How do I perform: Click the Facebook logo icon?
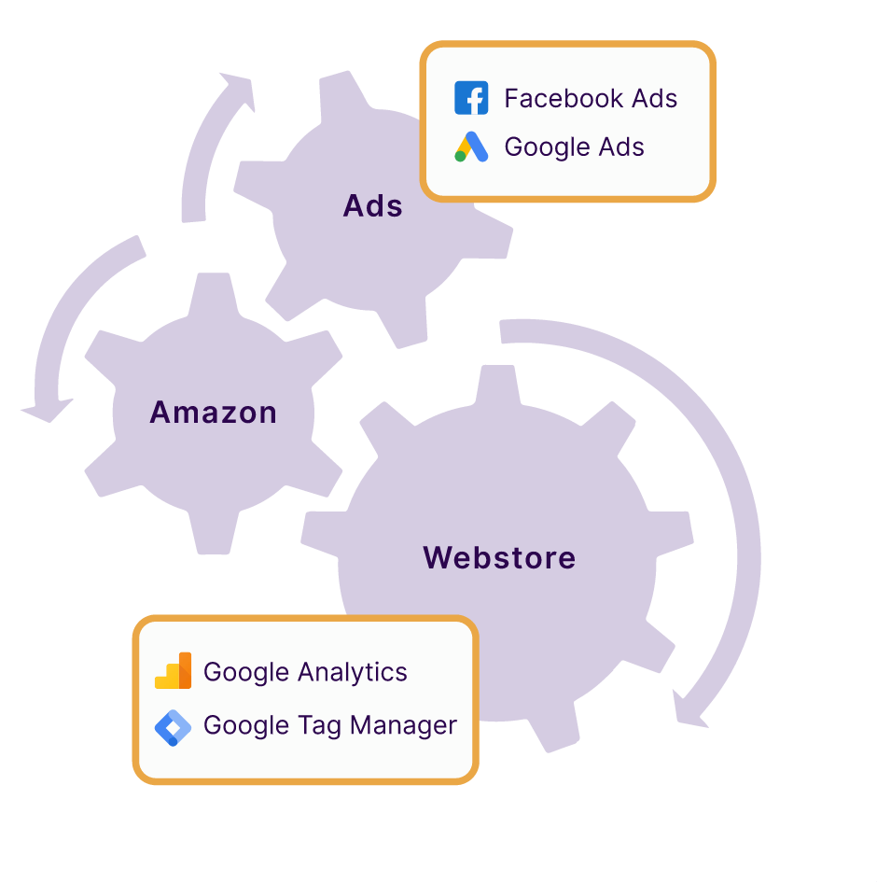pos(471,98)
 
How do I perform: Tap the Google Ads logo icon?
pos(471,147)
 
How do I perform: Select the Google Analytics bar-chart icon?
pos(174,671)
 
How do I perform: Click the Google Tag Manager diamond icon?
pos(173,726)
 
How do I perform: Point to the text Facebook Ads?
pos(591,98)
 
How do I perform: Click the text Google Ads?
pos(574,147)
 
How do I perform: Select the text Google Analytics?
pos(305,672)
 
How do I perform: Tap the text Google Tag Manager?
pos(330,725)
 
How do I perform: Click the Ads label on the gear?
pos(373,205)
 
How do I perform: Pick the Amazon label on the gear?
pos(214,412)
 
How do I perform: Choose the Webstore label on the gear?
pos(499,557)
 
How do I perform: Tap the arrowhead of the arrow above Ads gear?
pos(237,89)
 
